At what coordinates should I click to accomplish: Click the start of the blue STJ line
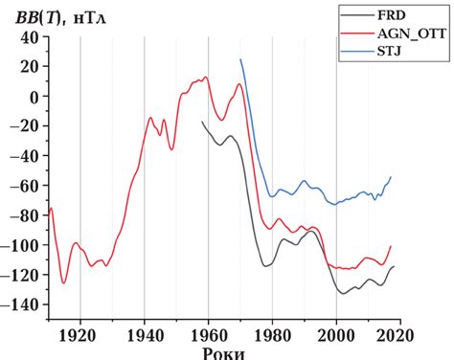240,59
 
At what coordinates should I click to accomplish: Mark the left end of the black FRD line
202,122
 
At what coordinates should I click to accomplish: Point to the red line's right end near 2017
391,246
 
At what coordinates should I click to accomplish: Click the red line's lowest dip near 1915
64,282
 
